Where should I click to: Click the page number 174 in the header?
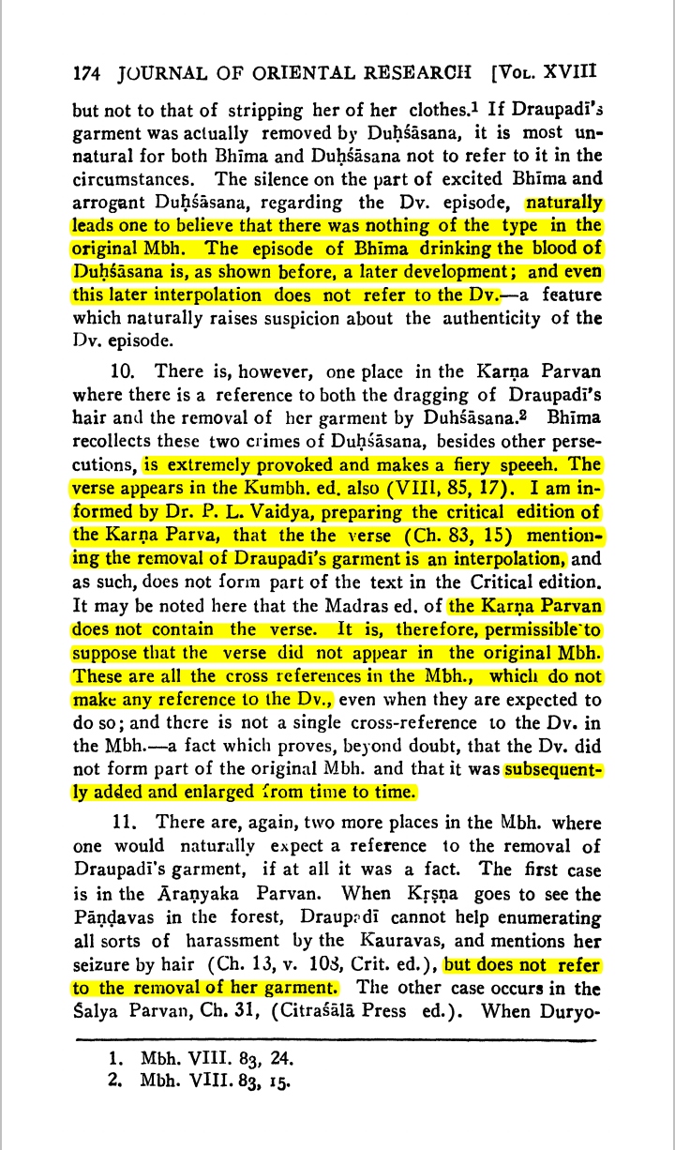point(87,72)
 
